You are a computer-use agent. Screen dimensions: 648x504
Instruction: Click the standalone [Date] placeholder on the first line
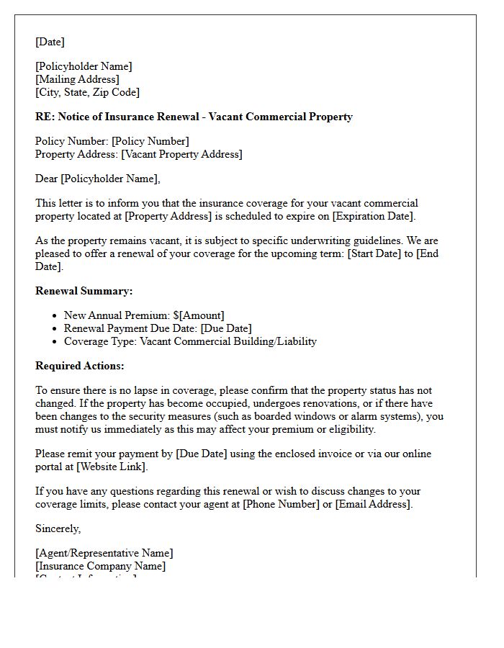point(50,42)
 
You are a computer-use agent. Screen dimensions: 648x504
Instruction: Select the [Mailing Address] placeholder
point(77,79)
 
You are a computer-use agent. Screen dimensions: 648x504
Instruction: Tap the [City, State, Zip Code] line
point(87,92)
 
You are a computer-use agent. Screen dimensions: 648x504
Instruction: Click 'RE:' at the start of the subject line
point(45,117)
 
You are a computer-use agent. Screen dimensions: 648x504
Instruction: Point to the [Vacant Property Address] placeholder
point(181,154)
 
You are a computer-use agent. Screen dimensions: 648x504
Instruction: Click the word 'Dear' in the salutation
point(47,179)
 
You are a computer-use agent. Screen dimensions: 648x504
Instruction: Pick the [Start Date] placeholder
point(374,253)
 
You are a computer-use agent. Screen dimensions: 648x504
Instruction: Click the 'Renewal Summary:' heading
point(84,291)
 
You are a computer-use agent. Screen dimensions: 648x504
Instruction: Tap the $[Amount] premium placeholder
point(199,315)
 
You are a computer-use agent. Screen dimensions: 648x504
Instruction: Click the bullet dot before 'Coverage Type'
point(55,342)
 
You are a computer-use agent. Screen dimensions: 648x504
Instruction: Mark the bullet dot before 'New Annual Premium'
point(55,316)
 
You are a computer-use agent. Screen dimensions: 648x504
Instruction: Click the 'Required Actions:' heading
point(79,366)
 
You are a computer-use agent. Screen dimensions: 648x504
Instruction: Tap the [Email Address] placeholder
point(373,504)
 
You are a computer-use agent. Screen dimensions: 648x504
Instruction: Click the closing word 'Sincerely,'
point(58,528)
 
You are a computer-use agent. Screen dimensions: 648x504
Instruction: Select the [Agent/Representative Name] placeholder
point(104,553)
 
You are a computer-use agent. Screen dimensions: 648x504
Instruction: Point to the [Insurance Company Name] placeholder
point(100,566)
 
